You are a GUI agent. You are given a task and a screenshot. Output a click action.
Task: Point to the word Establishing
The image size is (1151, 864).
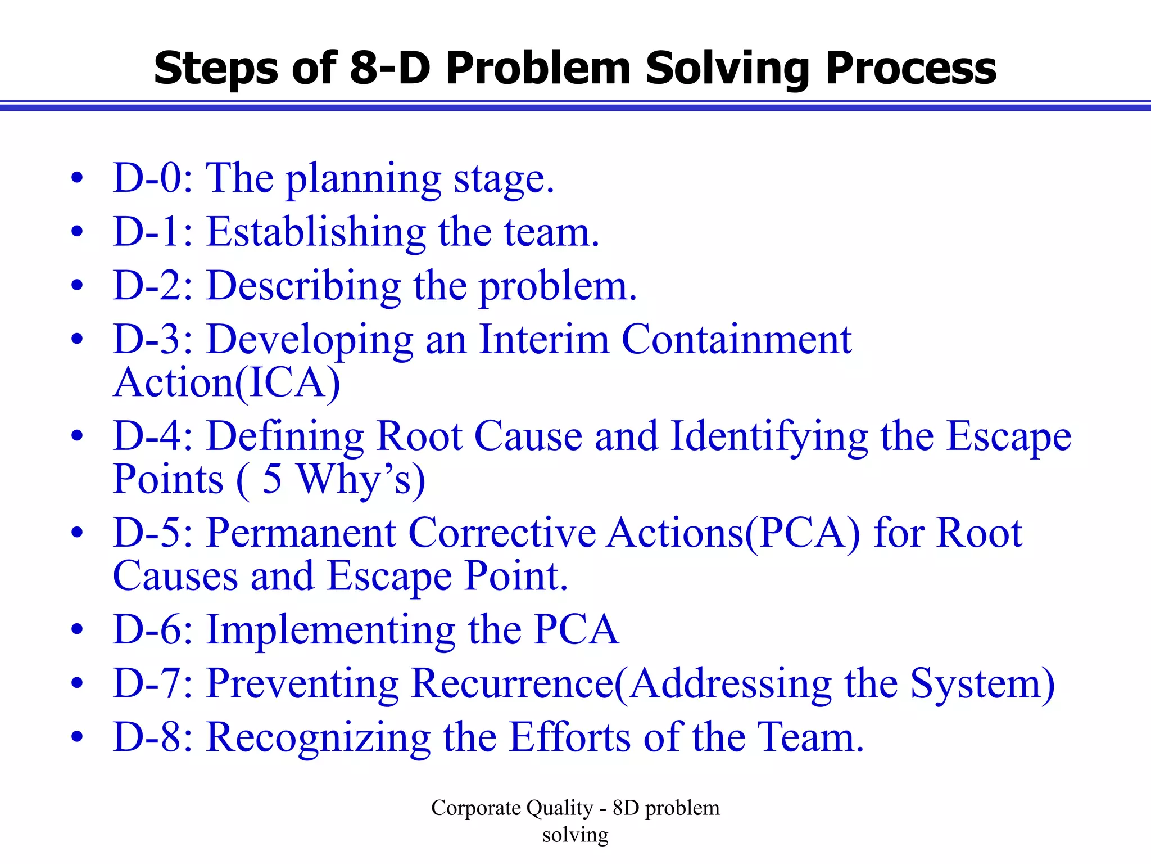(316, 232)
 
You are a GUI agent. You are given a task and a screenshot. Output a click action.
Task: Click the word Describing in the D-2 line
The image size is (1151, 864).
(303, 286)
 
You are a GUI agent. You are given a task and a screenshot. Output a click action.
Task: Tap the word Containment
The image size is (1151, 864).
(736, 340)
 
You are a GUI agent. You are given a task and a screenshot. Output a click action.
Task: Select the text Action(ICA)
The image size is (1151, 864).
(226, 383)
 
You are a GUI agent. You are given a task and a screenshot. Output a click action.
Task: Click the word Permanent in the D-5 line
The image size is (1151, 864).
(301, 533)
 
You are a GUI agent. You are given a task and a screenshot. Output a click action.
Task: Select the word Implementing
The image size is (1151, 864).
(331, 630)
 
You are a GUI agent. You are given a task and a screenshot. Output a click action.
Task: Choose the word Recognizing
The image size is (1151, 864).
(319, 737)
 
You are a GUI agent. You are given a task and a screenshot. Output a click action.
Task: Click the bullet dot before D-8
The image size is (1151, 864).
(78, 736)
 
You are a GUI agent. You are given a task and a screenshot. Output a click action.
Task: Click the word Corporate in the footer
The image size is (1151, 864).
(475, 808)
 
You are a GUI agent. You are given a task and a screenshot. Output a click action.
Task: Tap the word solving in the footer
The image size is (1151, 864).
(575, 835)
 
